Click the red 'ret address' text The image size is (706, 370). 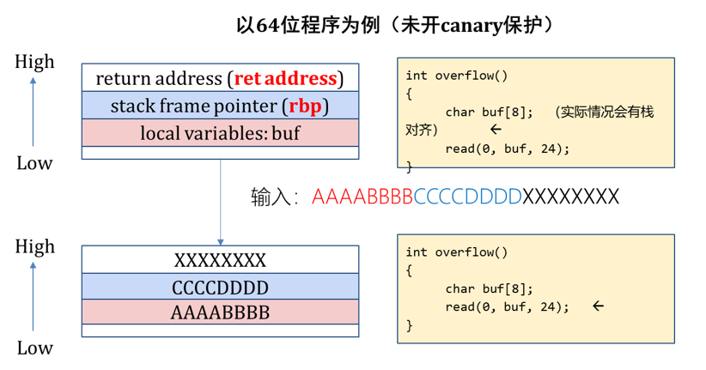click(285, 79)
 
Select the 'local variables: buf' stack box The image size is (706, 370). click(220, 133)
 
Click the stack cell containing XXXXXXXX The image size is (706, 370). click(220, 260)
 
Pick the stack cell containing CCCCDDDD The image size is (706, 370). click(220, 287)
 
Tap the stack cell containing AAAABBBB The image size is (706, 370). click(220, 312)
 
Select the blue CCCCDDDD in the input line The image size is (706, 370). click(467, 197)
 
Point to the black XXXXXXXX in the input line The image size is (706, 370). click(570, 197)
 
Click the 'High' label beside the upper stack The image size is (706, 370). click(34, 62)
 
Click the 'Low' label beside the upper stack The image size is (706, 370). click(34, 163)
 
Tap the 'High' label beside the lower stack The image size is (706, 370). click(34, 246)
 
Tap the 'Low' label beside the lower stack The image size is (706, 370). click(34, 348)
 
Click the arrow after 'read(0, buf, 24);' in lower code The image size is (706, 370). click(598, 306)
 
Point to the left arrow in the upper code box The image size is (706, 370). click(496, 130)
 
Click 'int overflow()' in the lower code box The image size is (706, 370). click(457, 252)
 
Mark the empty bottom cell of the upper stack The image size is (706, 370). click(220, 153)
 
